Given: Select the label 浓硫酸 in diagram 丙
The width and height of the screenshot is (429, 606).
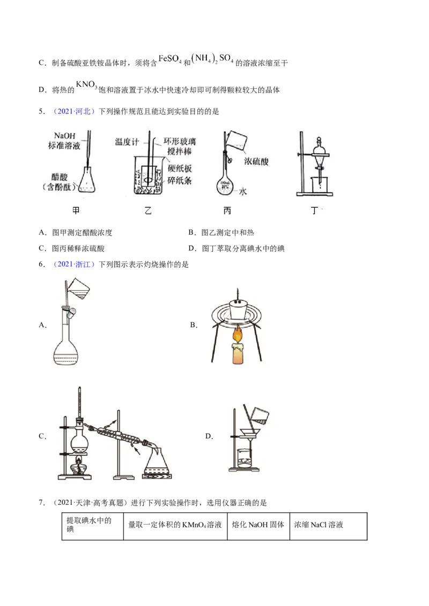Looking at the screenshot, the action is [256, 162].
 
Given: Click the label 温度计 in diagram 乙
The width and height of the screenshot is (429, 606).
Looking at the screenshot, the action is [127, 142].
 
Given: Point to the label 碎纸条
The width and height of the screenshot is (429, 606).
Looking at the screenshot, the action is [180, 180].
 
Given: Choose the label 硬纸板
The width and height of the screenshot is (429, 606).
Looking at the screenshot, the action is [180, 168].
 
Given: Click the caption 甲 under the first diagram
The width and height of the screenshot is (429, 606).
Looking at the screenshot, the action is [76, 210].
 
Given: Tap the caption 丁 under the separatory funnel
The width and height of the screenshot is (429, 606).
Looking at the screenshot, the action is [314, 210].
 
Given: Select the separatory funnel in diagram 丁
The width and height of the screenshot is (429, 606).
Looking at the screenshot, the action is [319, 154].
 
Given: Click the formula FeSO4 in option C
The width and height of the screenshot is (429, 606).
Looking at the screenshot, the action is [170, 59].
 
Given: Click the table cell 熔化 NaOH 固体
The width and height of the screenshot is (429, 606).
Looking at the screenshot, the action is [258, 525].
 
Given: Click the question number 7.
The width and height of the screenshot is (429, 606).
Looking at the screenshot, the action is [41, 503].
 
